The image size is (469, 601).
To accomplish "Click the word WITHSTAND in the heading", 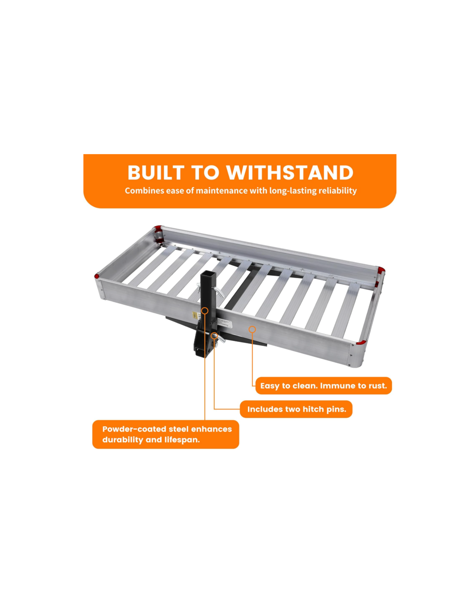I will (290, 173).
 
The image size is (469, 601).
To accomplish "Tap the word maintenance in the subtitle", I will (222, 191).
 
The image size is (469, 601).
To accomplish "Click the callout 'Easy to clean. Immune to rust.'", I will (323, 386).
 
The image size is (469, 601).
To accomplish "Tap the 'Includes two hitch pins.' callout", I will (296, 409).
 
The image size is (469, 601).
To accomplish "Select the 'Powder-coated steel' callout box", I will (166, 434).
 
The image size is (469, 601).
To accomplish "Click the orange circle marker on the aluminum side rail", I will (252, 330).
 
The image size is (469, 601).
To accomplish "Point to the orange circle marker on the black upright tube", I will (205, 310).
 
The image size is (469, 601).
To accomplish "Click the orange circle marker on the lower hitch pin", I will (214, 335).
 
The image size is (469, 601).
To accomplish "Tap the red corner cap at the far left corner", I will (97, 276).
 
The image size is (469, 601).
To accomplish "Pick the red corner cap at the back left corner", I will (158, 228).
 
